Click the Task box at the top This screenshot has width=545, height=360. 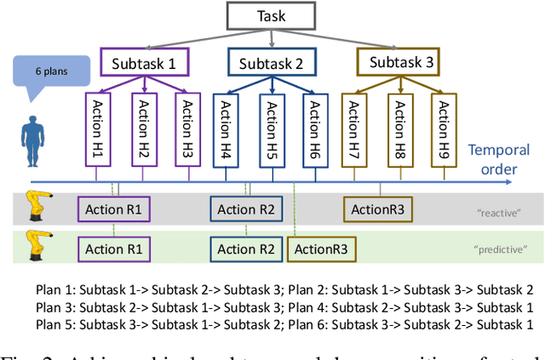272,16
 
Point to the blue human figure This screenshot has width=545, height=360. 31,141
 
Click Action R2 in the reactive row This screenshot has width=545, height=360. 246,209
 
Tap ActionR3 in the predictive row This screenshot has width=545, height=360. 321,249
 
